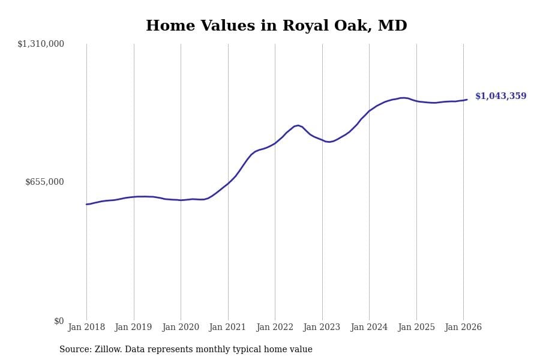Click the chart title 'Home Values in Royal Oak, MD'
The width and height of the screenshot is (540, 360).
pos(276,26)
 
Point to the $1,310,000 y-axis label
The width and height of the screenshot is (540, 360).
pos(41,44)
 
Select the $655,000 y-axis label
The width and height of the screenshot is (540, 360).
pos(44,182)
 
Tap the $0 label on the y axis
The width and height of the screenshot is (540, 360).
pos(59,321)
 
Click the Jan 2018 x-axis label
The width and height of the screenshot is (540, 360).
pos(86,328)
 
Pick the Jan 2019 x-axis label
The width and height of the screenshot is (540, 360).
pos(133,328)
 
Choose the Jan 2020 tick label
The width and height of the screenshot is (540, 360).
pos(181,328)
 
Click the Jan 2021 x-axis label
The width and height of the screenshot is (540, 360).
pos(227,328)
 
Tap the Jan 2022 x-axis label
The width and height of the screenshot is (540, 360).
pos(275,328)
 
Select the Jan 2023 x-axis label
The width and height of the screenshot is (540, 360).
pos(322,328)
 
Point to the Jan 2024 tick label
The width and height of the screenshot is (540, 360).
pos(369,328)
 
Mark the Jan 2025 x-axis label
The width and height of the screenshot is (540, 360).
pos(416,328)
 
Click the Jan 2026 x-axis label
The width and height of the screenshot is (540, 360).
pos(463,328)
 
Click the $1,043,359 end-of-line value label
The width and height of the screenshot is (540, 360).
pos(500,97)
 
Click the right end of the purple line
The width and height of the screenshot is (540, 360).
pos(467,100)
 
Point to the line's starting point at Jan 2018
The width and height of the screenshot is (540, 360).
pos(86,205)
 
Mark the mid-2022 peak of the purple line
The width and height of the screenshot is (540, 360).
pos(298,125)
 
